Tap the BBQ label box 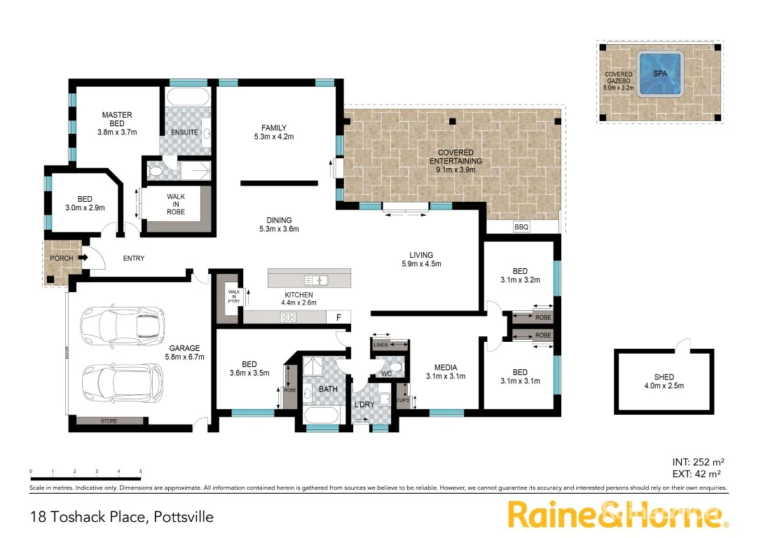coord(521,227)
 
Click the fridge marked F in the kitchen coord(338,317)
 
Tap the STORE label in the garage coord(109,421)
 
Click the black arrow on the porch coord(82,258)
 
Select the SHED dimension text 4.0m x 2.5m coord(664,386)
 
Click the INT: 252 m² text coord(697,462)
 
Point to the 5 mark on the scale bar coord(141,471)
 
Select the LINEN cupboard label coord(380,345)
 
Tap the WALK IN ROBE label coord(176,205)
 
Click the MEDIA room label coord(446,368)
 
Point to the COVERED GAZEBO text coord(618,78)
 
